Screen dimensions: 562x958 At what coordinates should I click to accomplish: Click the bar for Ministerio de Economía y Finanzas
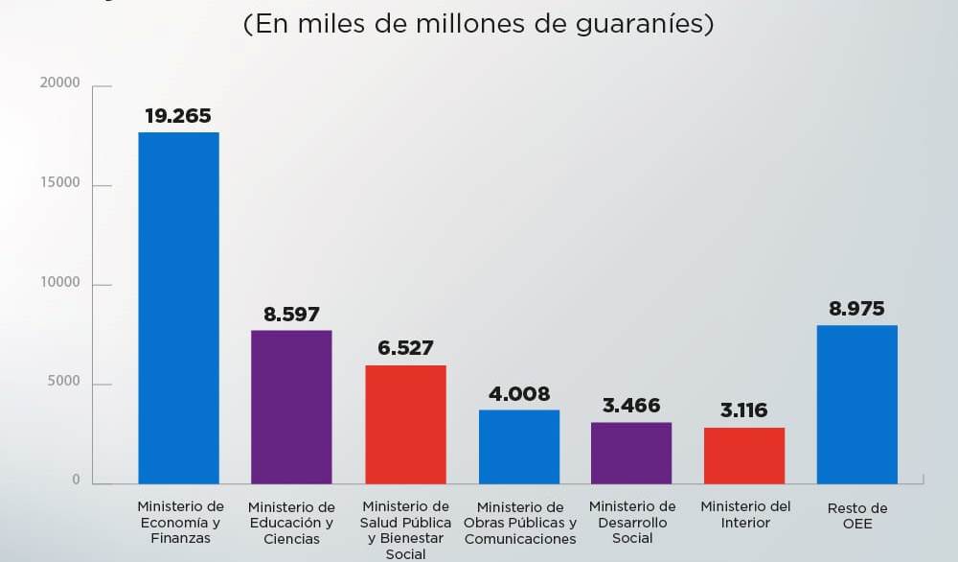click(x=178, y=307)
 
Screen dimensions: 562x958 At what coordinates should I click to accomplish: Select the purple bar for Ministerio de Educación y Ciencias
click(x=291, y=407)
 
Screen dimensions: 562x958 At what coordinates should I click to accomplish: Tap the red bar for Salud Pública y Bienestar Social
click(x=405, y=424)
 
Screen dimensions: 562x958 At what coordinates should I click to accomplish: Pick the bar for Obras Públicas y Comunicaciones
click(x=519, y=446)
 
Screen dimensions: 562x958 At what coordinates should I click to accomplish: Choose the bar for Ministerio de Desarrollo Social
click(x=631, y=453)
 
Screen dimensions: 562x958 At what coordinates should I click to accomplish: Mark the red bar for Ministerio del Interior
click(x=744, y=455)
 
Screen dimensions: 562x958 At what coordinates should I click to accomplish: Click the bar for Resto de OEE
click(x=857, y=404)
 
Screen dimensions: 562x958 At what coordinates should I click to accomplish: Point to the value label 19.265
click(x=178, y=116)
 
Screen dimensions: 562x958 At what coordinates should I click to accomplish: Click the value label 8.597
click(x=291, y=315)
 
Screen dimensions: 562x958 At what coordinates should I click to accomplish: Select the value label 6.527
click(x=405, y=348)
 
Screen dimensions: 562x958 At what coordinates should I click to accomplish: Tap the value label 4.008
click(x=519, y=394)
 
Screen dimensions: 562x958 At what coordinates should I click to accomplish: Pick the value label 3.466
click(x=631, y=406)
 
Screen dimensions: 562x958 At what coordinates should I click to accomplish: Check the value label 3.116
click(x=744, y=410)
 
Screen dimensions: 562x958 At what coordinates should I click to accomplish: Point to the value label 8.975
click(x=857, y=309)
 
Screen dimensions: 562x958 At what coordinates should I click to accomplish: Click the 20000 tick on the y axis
click(x=60, y=83)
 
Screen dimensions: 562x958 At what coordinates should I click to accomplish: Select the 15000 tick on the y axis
click(x=60, y=183)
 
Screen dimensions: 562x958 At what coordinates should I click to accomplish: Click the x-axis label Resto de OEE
click(x=857, y=515)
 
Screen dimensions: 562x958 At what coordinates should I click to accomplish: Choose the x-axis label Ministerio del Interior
click(x=744, y=514)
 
